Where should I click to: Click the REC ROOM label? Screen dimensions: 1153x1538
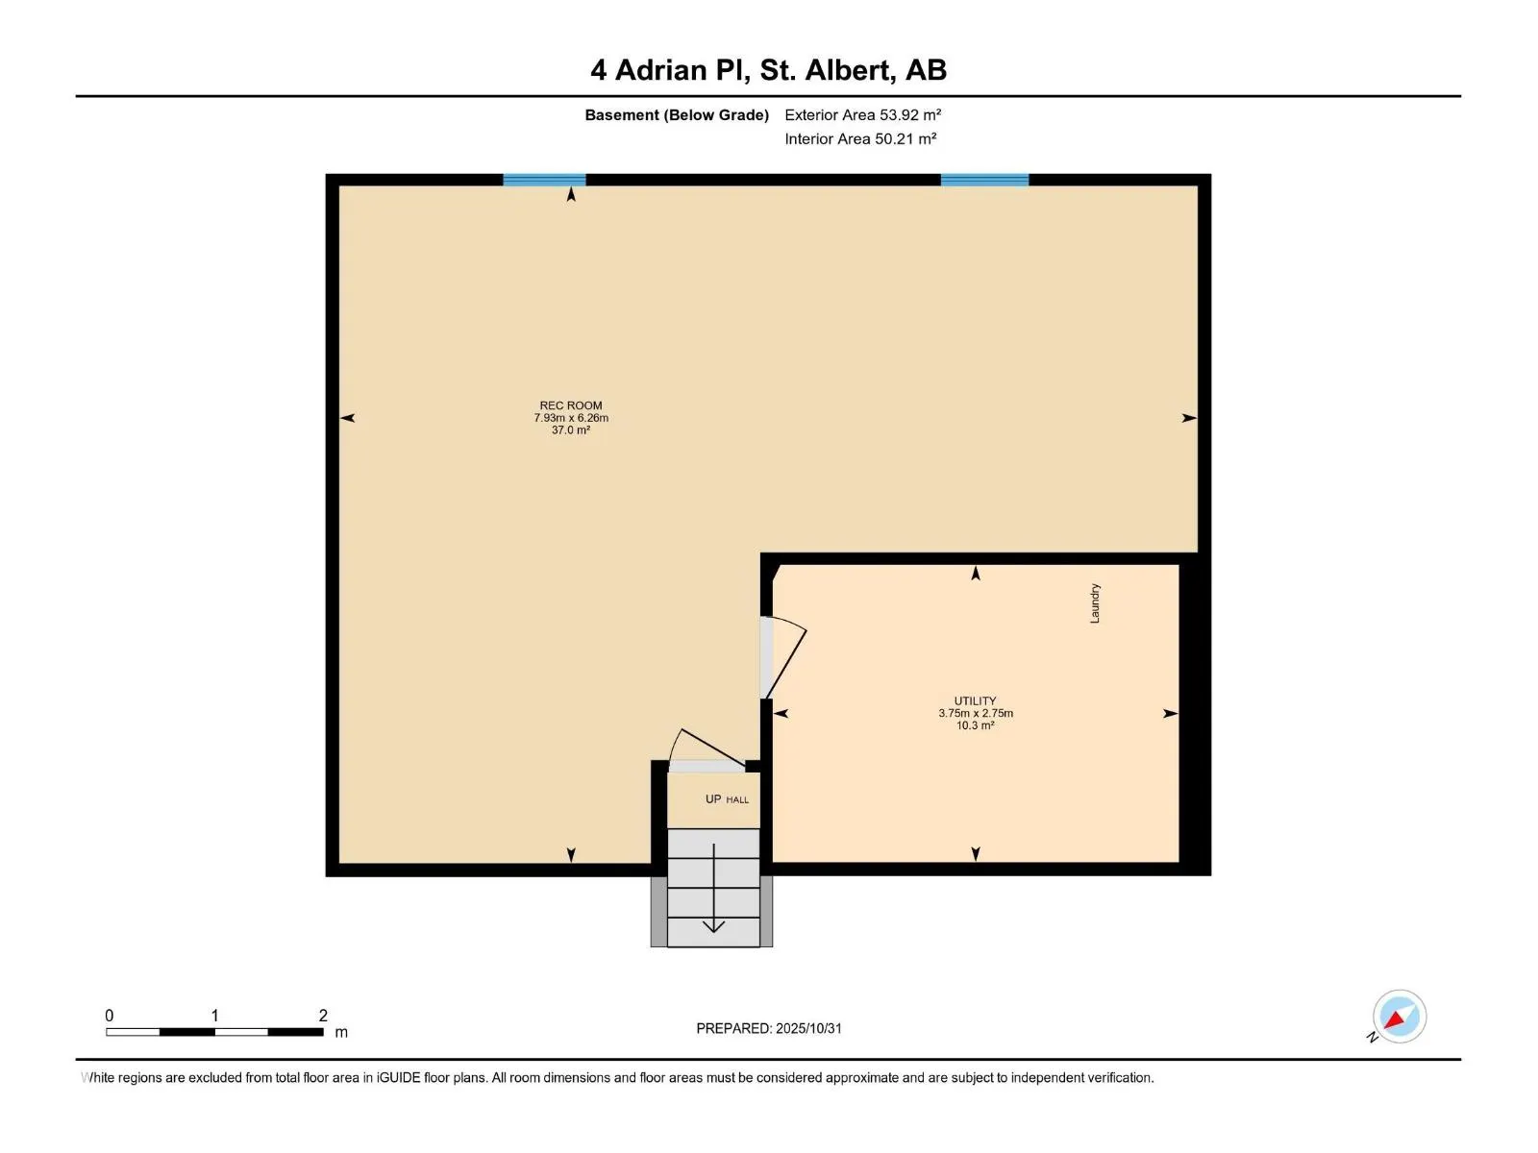[x=570, y=405]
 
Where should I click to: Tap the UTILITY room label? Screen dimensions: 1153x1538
[x=975, y=700]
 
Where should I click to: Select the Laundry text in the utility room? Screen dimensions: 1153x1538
[x=1095, y=603]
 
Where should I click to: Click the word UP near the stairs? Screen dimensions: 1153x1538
[x=713, y=799]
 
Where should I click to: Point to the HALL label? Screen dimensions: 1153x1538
[x=737, y=800]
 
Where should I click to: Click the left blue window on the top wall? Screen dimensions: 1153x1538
[x=544, y=180]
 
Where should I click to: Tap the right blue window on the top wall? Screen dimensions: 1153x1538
[x=984, y=180]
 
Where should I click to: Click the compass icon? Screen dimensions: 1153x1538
[x=1399, y=1017]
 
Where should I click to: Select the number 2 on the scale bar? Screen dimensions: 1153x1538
[x=323, y=1016]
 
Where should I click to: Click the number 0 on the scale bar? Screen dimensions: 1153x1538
[x=109, y=1016]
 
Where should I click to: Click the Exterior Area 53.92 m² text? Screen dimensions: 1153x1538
[x=862, y=115]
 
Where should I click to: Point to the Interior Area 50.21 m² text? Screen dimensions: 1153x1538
[x=860, y=139]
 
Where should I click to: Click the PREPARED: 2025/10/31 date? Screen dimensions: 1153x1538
[x=769, y=1028]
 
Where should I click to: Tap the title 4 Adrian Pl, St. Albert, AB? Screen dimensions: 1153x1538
[x=768, y=70]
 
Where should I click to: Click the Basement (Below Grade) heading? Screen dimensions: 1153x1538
[x=677, y=115]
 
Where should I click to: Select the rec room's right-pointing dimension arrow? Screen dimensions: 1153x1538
[x=1189, y=418]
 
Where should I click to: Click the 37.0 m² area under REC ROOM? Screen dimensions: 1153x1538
[x=570, y=430]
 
